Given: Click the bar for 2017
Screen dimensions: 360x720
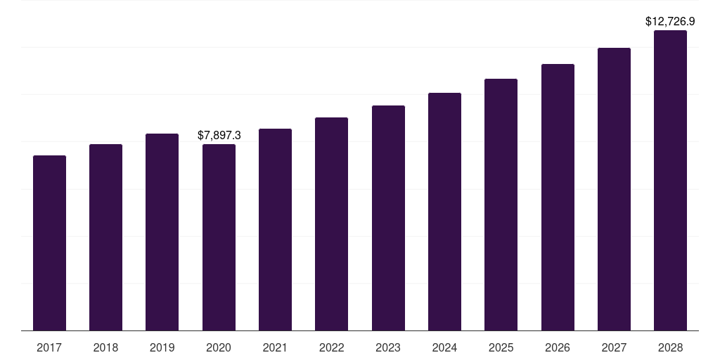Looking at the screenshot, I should pos(49,243).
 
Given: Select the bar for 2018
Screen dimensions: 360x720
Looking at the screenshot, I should pos(105,237).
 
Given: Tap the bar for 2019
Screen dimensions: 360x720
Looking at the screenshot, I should pos(162,232).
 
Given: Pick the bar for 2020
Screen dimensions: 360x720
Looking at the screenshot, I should pos(219,237).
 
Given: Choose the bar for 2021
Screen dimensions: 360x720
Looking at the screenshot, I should pos(275,229).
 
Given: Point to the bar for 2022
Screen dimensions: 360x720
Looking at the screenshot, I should pos(331,224).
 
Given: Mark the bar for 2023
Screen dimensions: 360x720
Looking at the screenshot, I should pos(388,218).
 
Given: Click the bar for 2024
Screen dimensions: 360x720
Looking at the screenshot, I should pos(444,212).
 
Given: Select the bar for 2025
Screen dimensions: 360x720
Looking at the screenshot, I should pos(501,205).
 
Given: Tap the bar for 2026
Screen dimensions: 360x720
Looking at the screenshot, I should pos(558,197).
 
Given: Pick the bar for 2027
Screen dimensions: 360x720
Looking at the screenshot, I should pos(614,189).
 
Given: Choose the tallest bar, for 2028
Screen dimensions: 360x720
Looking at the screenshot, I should pos(670,180).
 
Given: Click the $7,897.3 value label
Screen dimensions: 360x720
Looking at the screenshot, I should pos(219,135).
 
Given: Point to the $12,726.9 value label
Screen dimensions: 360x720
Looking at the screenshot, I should pos(670,22).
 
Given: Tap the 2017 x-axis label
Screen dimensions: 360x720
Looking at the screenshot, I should pos(49,347).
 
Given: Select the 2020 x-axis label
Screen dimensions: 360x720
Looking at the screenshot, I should pos(219,347).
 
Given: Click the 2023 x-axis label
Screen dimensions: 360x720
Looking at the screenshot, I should pos(388,347).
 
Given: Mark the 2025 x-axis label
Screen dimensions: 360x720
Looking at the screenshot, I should pos(501,347).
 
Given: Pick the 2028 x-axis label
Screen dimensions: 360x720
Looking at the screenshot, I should pos(670,347).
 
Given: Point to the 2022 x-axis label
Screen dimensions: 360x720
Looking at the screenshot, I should pos(331,347).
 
